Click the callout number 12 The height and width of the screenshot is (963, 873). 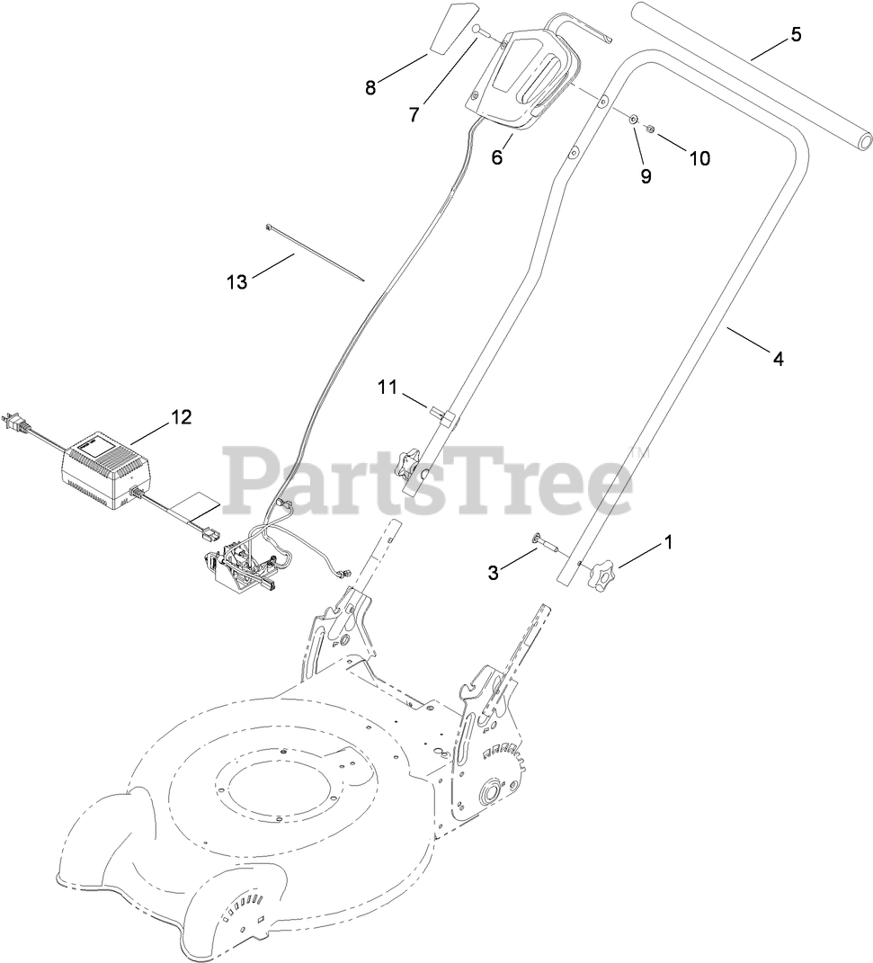(x=181, y=417)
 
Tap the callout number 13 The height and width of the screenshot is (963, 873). (x=236, y=281)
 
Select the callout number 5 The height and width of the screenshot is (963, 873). (x=796, y=35)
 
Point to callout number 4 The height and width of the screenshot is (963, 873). (x=778, y=359)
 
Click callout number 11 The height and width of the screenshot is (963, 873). (x=387, y=388)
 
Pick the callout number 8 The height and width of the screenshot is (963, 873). (x=370, y=87)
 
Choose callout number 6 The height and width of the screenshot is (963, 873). (x=497, y=157)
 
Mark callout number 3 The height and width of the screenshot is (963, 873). (x=494, y=572)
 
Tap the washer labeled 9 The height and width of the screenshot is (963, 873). (x=633, y=119)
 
